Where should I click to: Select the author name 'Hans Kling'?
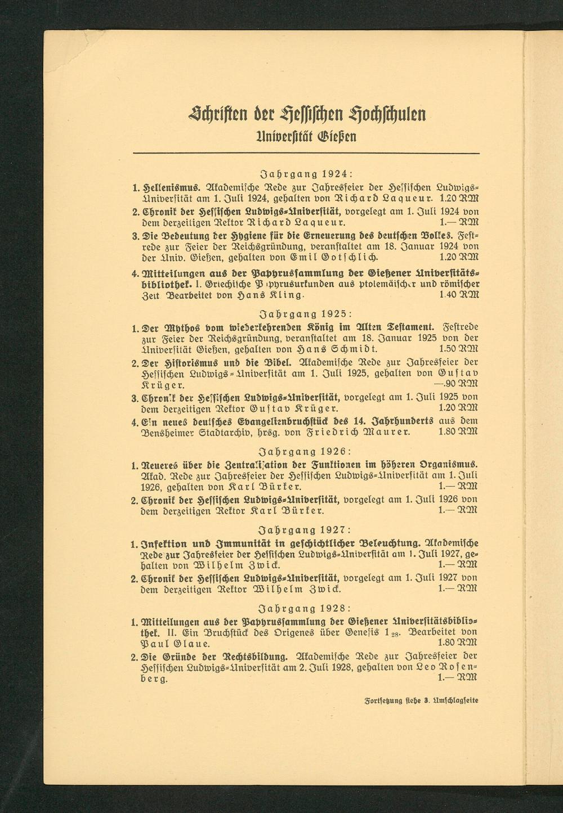pos(276,295)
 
